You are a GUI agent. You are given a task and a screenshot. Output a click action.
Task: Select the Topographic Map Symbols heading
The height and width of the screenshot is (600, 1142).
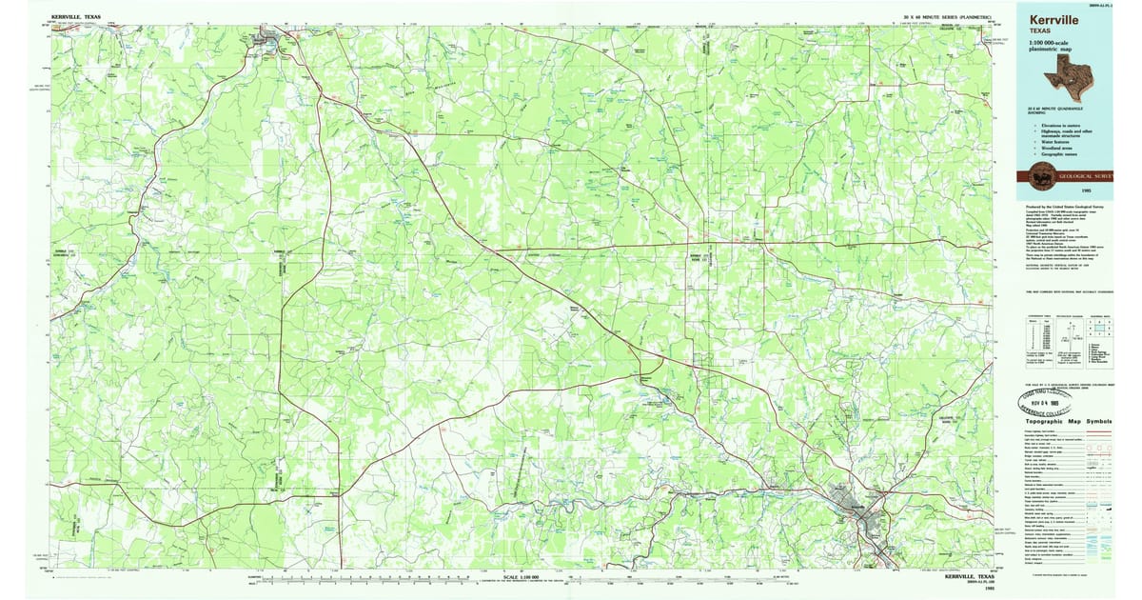pyautogui.click(x=1071, y=420)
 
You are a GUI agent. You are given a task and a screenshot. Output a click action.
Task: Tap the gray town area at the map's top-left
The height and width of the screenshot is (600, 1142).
pyautogui.click(x=266, y=40)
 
